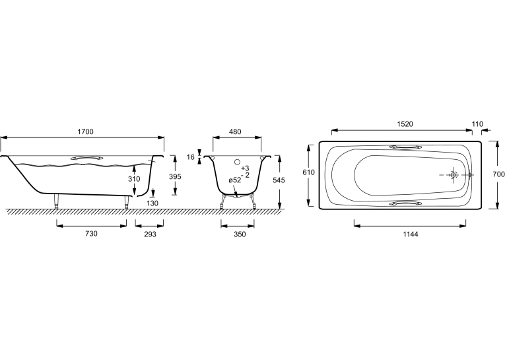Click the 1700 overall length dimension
(85, 131)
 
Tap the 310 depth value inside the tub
(134, 178)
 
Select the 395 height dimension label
(175, 176)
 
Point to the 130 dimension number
(152, 203)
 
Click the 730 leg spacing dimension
(91, 233)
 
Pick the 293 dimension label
(150, 234)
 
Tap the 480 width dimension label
(235, 131)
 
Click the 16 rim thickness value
(191, 157)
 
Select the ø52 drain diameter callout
(235, 180)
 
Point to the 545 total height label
(279, 180)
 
